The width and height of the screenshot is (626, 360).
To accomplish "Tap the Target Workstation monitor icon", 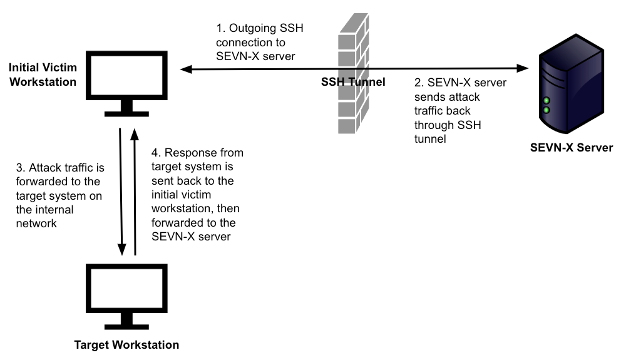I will pyautogui.click(x=126, y=288).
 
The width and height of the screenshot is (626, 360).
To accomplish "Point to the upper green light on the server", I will pyautogui.click(x=546, y=101).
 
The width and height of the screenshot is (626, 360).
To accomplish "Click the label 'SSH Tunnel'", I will pyautogui.click(x=352, y=83).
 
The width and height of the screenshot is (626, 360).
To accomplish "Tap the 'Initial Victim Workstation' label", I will pyautogui.click(x=43, y=74).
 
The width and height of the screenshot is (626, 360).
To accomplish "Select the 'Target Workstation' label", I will pyautogui.click(x=126, y=345).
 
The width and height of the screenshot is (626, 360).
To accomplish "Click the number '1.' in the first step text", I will pyautogui.click(x=220, y=29).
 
